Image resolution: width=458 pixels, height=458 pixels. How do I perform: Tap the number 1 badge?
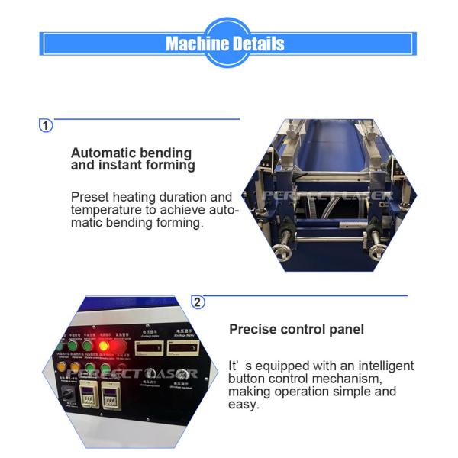pyautogui.click(x=47, y=125)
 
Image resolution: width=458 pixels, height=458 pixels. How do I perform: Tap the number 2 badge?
pyautogui.click(x=198, y=302)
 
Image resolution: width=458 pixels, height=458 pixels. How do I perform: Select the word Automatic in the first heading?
pyautogui.click(x=103, y=153)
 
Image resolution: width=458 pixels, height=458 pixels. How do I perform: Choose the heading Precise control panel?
pyautogui.click(x=297, y=330)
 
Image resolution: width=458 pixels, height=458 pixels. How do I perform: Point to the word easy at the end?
pyautogui.click(x=244, y=405)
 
